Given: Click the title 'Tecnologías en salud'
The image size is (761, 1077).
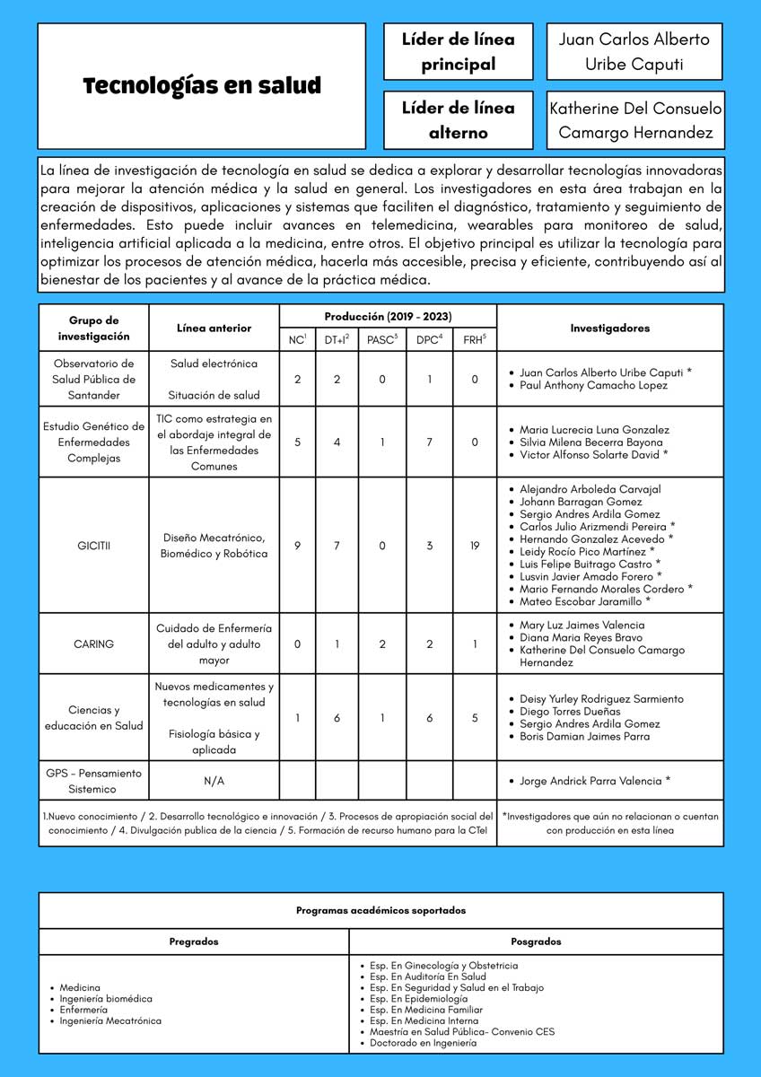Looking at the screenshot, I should [202, 86].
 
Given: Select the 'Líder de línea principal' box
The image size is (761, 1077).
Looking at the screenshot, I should [458, 52].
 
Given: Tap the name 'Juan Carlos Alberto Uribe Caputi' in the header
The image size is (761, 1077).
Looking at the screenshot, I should [634, 52].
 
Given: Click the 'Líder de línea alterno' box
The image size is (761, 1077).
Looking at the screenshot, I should [458, 120].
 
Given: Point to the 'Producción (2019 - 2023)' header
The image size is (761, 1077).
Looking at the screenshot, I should [388, 317].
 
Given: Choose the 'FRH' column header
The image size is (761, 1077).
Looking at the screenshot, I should [475, 339].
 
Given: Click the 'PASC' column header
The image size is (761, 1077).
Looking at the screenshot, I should [381, 339].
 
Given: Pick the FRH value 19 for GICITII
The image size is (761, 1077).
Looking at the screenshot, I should [475, 546].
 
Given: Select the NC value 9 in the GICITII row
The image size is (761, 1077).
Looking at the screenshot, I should [297, 546].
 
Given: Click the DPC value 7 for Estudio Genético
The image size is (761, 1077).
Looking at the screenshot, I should [430, 442].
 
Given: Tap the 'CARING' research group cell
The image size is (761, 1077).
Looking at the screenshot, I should [93, 644].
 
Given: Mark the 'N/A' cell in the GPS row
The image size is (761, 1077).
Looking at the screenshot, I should [214, 781].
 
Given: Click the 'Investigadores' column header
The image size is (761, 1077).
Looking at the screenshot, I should [609, 328].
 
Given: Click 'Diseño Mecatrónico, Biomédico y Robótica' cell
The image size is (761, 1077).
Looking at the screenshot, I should [214, 546].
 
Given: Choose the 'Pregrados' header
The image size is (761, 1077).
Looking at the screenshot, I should [194, 941].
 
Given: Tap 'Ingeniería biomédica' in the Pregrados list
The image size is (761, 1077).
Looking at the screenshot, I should [106, 999].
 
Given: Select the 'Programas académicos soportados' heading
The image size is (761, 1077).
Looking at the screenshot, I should [380, 910].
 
